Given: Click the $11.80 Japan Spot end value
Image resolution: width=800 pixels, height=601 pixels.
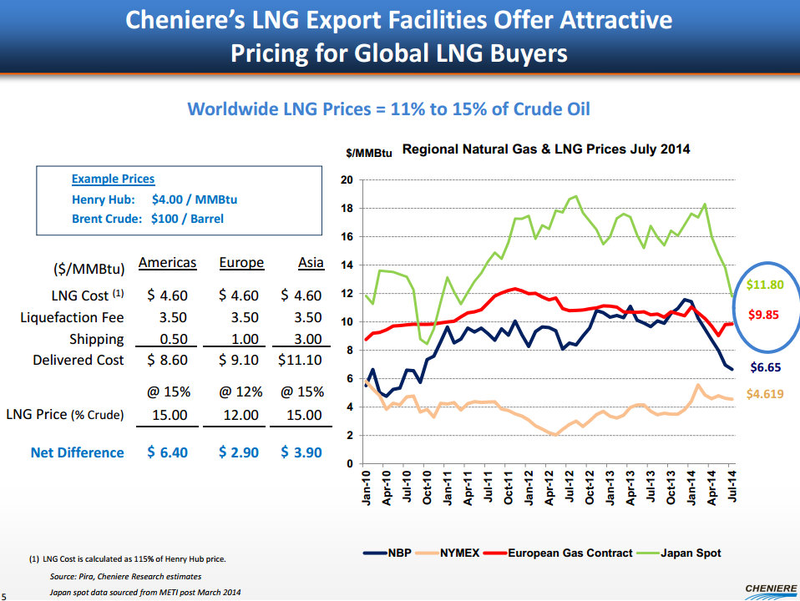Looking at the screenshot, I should point(765,285).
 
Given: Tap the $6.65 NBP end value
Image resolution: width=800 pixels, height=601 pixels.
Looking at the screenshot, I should point(766,366).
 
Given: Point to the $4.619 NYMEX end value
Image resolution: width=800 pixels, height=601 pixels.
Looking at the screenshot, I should point(765,394).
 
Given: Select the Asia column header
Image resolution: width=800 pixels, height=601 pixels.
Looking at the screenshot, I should point(311,262).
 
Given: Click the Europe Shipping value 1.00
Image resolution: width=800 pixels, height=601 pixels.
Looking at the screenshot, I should point(241,339).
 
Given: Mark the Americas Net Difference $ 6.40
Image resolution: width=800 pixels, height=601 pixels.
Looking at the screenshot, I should point(167,452).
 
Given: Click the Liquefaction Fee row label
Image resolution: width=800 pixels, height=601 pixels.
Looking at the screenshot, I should point(72,317).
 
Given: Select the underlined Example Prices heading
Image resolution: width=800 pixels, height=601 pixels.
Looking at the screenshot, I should point(113,179).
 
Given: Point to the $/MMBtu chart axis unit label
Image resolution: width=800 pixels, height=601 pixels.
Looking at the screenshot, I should point(369,154).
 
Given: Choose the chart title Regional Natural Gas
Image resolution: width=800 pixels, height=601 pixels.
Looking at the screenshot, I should point(546,149).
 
